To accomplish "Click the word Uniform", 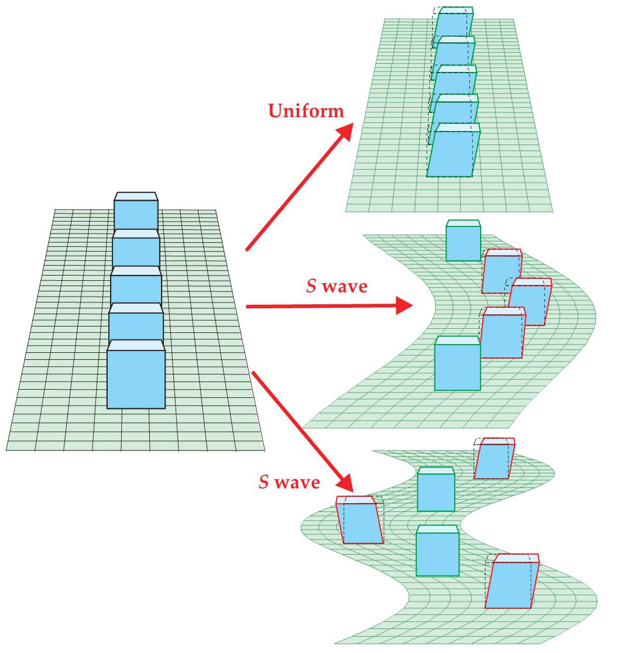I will click(x=306, y=111).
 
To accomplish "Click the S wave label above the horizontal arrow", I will click(x=337, y=287).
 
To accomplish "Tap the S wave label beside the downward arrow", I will click(x=290, y=482).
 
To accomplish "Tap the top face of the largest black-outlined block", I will click(x=136, y=345).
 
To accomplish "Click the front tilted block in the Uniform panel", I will click(x=453, y=153).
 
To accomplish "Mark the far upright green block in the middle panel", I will click(x=463, y=243).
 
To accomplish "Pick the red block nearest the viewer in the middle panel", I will click(x=502, y=336).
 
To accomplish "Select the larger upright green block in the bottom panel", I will click(x=437, y=554).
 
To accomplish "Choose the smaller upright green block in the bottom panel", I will click(x=436, y=492).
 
